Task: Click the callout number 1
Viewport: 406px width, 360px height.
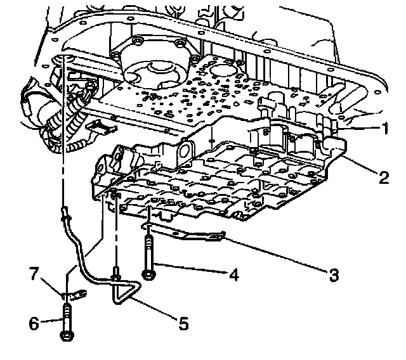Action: [x=384, y=127]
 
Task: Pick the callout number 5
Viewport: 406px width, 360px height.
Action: [x=183, y=324]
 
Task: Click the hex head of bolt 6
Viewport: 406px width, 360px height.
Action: [x=67, y=333]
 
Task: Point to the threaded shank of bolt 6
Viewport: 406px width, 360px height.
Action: [x=67, y=314]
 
